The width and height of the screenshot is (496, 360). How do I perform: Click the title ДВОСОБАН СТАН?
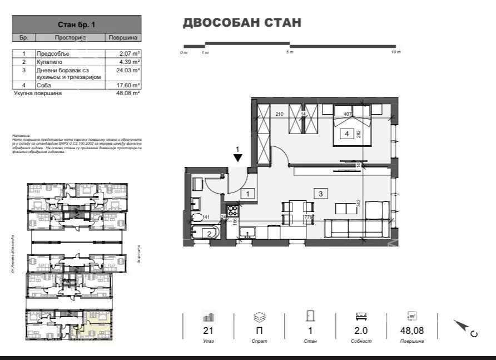[x=242, y=23]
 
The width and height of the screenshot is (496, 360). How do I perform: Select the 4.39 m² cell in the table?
[x=128, y=62]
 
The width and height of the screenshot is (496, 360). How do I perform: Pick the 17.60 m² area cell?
[x=128, y=85]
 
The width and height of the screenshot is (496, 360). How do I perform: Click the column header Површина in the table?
[x=123, y=37]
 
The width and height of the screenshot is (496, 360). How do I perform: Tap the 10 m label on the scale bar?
[x=395, y=52]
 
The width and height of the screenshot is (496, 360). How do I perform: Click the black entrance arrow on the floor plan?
[x=237, y=157]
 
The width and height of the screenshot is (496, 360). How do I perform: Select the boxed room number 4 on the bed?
[x=346, y=134]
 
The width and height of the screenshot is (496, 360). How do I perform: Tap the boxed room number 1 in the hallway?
[x=248, y=194]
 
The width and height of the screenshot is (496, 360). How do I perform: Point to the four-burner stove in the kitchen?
[x=233, y=211]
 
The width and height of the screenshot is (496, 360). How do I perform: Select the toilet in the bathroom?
[x=196, y=218]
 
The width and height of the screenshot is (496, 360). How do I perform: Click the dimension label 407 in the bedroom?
[x=349, y=115]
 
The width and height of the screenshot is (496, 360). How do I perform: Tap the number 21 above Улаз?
[x=209, y=331]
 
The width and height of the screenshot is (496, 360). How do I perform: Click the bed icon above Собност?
[x=361, y=317]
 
